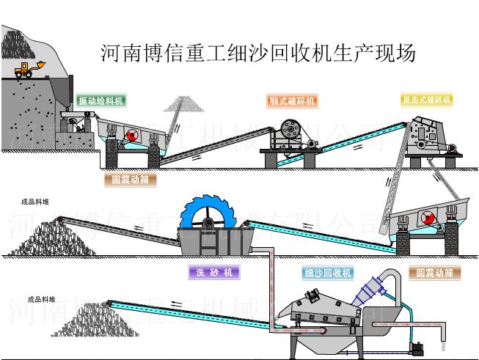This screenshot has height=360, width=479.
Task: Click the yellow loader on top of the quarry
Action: click(x=26, y=69)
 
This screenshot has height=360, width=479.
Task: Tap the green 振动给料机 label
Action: click(x=100, y=100)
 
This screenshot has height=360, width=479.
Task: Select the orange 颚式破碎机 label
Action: click(x=293, y=100)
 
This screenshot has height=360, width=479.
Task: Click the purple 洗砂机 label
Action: click(x=214, y=273)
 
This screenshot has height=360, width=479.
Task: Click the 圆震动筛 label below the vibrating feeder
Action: click(x=131, y=179)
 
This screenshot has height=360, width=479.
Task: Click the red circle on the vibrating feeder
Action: click(x=131, y=135)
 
